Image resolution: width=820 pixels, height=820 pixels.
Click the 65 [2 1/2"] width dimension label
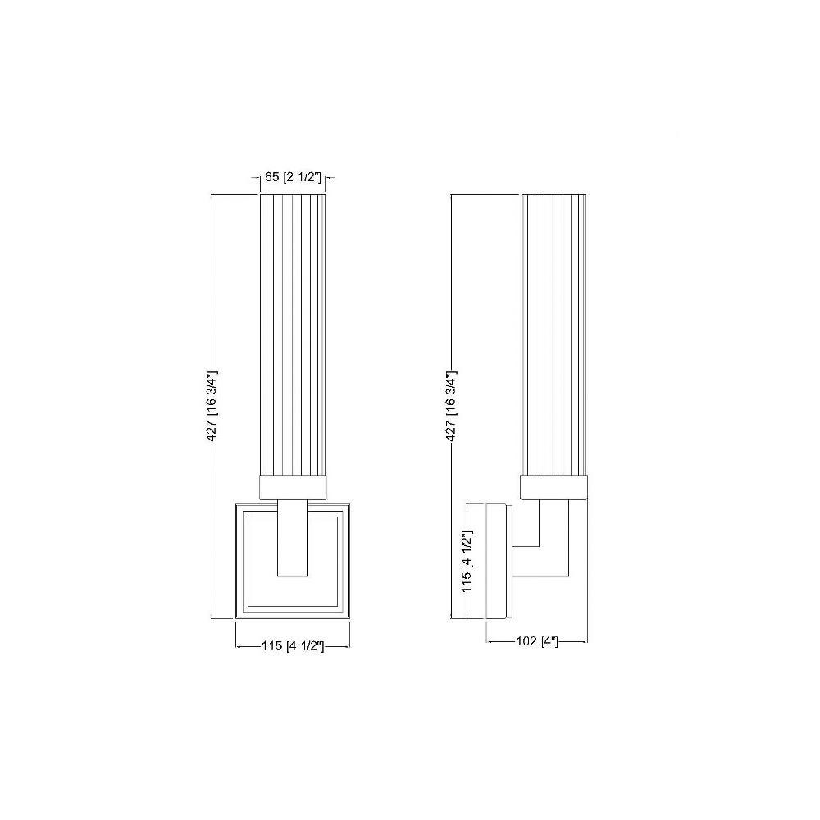(293, 177)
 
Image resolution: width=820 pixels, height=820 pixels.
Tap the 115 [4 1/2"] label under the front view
(293, 646)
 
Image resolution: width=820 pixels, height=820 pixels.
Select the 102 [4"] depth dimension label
(537, 640)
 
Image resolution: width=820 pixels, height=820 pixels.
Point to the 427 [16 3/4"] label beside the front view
(212, 407)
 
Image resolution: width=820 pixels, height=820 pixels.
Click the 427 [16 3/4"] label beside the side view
(451, 407)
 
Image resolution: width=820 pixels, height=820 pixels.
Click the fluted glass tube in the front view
(294, 335)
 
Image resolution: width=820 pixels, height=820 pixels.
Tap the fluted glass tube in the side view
(553, 335)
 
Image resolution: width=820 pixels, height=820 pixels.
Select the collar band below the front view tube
(294, 487)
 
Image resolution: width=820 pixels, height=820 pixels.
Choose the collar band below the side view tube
(553, 487)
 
